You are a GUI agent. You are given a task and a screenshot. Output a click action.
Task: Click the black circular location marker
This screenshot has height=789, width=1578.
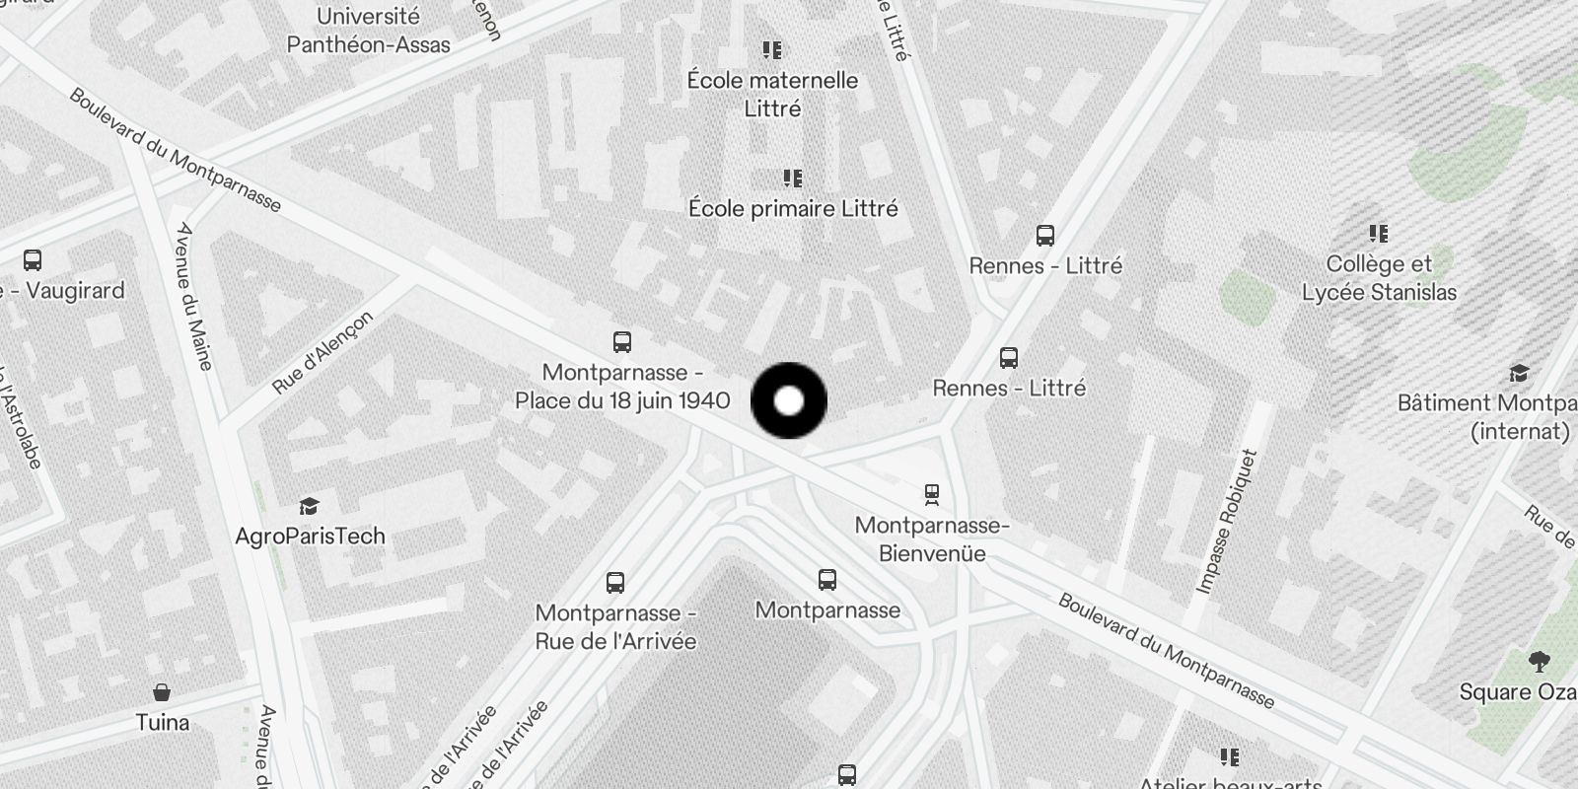pyautogui.click(x=789, y=400)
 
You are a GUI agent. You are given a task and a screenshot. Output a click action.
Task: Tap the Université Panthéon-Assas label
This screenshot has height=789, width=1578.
pyautogui.click(x=368, y=31)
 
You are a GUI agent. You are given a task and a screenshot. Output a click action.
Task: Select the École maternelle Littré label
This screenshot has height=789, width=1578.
pyautogui.click(x=772, y=94)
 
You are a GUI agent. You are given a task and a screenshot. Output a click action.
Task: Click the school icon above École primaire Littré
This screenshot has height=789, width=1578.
pyautogui.click(x=792, y=179)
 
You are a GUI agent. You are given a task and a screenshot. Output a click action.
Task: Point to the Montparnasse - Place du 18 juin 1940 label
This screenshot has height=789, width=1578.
pyautogui.click(x=622, y=387)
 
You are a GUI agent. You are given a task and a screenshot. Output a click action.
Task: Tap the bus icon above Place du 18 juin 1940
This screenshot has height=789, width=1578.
pyautogui.click(x=621, y=342)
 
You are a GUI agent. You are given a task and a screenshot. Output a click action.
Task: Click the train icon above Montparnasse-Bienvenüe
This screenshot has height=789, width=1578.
pyautogui.click(x=931, y=493)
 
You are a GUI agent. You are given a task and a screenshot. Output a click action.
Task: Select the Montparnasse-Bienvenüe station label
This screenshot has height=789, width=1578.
pyautogui.click(x=932, y=539)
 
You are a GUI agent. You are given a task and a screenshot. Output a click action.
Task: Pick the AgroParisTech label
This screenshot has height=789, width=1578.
pyautogui.click(x=310, y=537)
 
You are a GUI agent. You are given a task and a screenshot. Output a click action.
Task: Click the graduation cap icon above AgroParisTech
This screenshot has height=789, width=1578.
pyautogui.click(x=310, y=506)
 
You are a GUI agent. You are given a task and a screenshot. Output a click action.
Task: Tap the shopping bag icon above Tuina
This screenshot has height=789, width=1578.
pyautogui.click(x=162, y=692)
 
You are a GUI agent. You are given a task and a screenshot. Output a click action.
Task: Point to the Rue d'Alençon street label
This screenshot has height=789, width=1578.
pyautogui.click(x=323, y=352)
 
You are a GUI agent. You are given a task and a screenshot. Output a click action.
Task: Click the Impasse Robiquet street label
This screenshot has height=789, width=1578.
pyautogui.click(x=1227, y=522)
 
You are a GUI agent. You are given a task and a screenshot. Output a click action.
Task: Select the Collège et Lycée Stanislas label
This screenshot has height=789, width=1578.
pyautogui.click(x=1379, y=278)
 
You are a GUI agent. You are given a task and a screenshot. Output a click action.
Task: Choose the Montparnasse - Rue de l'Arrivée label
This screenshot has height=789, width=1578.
pyautogui.click(x=615, y=627)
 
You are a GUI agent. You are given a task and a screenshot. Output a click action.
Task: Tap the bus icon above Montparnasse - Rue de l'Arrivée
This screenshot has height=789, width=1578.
pyautogui.click(x=614, y=582)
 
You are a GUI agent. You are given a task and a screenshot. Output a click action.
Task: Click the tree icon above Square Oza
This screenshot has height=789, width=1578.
pyautogui.click(x=1538, y=661)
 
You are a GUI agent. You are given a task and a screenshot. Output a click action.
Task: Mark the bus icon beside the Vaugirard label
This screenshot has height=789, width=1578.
pyautogui.click(x=33, y=260)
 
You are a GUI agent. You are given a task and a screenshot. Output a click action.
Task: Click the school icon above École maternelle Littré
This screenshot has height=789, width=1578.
pyautogui.click(x=772, y=49)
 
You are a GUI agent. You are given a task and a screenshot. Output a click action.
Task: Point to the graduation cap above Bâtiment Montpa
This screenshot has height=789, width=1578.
pyautogui.click(x=1519, y=374)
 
